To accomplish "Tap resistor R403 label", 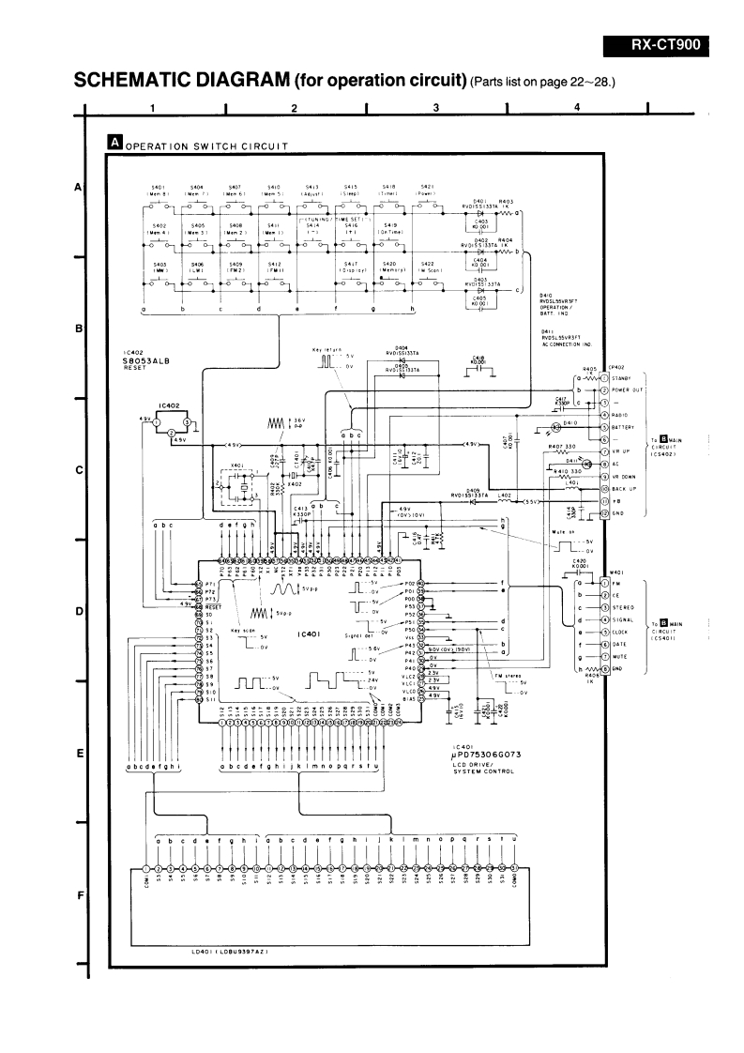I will point(506,201).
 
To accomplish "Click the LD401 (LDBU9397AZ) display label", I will point(230,954).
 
